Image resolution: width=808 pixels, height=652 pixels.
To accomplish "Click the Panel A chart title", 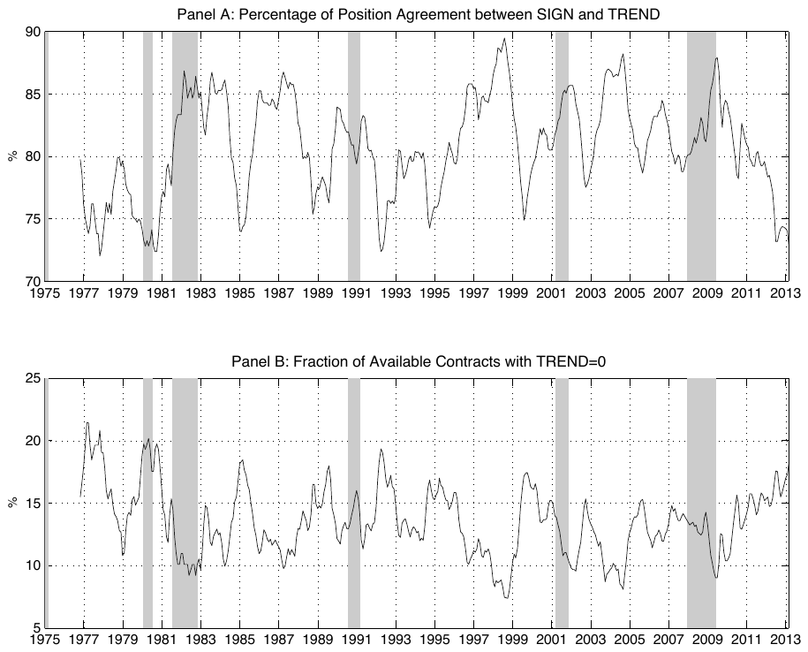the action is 419,14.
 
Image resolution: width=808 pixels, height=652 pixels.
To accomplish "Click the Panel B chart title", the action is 419,361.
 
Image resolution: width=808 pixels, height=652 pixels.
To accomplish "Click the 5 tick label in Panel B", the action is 36,628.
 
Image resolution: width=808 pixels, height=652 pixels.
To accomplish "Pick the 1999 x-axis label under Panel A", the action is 513,293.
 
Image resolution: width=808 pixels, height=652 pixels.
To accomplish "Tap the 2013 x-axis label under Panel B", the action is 786,641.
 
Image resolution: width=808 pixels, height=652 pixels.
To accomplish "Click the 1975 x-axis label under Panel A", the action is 45,293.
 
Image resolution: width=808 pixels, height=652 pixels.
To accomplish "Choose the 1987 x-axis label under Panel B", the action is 279,641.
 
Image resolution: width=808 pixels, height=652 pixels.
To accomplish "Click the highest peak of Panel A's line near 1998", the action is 504,38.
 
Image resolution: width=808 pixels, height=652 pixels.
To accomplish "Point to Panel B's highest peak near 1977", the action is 87,423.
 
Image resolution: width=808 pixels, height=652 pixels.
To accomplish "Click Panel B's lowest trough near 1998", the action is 506,598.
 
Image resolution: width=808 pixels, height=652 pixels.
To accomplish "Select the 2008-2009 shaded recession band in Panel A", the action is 701,156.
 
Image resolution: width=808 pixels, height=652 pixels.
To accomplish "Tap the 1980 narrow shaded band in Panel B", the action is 147,503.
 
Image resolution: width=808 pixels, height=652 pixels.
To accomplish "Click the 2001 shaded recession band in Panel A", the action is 562,156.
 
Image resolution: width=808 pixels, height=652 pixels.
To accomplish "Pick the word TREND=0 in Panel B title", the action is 571,361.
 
